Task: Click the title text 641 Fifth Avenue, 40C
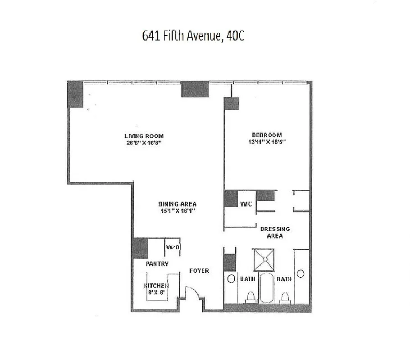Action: [x=193, y=36]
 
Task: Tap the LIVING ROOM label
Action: [x=144, y=136]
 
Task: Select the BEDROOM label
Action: [x=267, y=135]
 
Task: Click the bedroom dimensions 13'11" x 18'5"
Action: [x=267, y=142]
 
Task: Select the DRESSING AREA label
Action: [x=275, y=232]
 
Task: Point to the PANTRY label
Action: [x=157, y=264]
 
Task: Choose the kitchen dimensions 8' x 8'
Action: [x=156, y=292]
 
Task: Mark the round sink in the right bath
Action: [x=301, y=273]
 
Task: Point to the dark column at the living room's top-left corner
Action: [x=75, y=94]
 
